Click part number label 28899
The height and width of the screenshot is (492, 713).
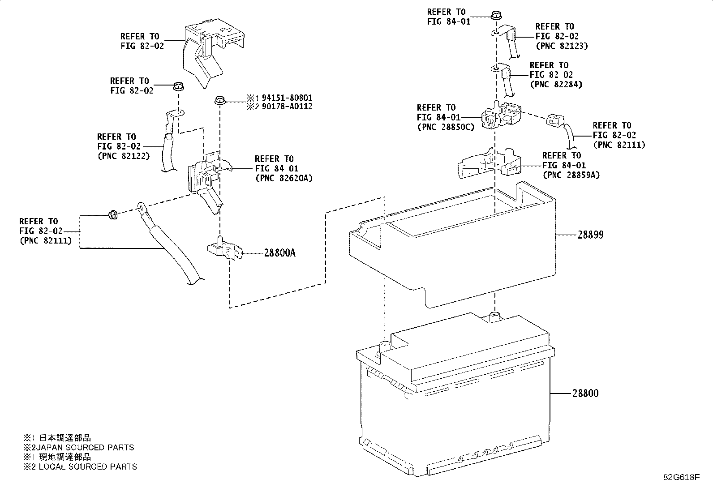point(590,235)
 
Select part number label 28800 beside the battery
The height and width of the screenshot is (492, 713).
point(585,394)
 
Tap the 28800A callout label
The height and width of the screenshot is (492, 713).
point(279,253)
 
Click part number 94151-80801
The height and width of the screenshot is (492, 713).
point(287,98)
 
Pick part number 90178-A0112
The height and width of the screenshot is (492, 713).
point(287,107)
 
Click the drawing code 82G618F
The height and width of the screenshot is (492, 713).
point(681,477)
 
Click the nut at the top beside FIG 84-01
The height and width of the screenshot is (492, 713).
point(496,16)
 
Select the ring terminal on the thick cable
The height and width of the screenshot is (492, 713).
point(142,207)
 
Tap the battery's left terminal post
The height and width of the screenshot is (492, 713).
point(384,346)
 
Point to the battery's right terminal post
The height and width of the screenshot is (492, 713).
point(494,318)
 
